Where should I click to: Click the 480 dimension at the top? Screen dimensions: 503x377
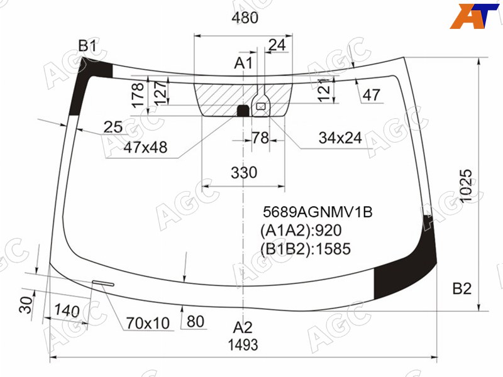[x=245, y=18]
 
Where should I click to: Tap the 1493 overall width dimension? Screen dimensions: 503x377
[x=243, y=345]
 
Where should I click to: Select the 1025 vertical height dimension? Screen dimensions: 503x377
[x=466, y=185]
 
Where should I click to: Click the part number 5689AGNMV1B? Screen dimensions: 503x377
[x=318, y=212]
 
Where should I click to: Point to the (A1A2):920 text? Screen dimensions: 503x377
[x=301, y=231]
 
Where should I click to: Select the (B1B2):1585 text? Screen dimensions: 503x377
[x=306, y=249]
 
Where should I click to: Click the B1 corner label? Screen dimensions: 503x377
[x=87, y=46]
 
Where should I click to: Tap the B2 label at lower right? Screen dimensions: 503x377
[x=462, y=288]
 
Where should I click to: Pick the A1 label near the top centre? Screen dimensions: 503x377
[x=243, y=63]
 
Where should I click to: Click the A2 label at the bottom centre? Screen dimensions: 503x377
[x=243, y=327]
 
